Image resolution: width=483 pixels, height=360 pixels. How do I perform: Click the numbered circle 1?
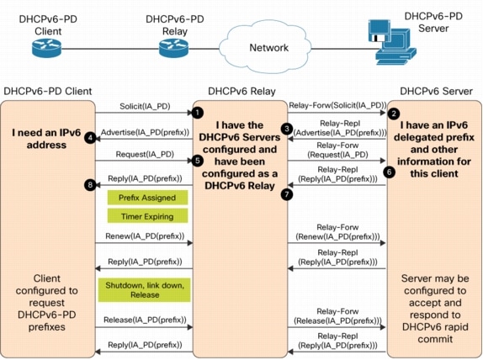click(x=197, y=111)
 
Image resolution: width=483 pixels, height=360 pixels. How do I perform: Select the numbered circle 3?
click(x=286, y=129)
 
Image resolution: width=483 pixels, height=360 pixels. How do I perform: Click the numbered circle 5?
click(x=197, y=158)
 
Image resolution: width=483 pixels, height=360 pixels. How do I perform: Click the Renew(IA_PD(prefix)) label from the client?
click(x=141, y=237)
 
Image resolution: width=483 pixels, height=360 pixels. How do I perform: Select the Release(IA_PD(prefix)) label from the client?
click(x=141, y=320)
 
